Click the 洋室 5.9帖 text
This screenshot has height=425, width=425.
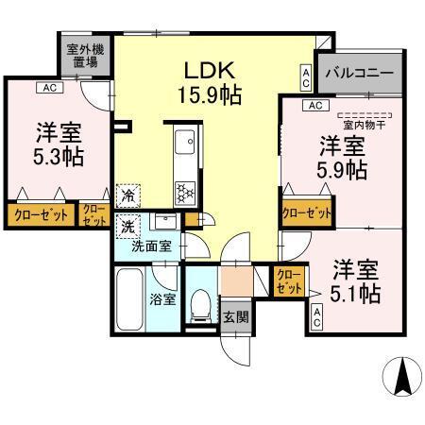[x=341, y=159]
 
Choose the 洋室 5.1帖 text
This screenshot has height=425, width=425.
[x=356, y=280]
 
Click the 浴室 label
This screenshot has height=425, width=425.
[x=161, y=300]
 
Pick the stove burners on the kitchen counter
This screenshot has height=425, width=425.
[x=184, y=192]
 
